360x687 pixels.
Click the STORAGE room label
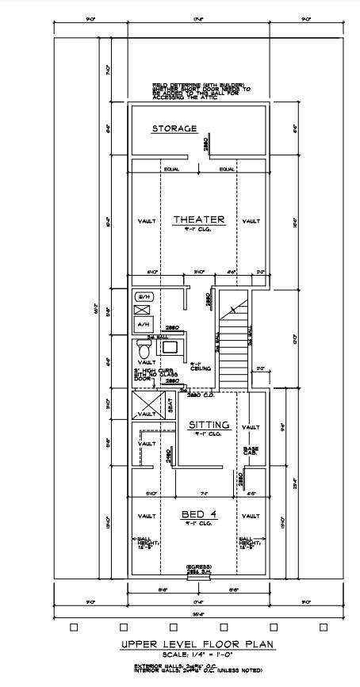pyautogui.click(x=174, y=128)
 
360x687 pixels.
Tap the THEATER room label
pyautogui.click(x=199, y=219)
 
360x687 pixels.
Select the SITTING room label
pyautogui.click(x=209, y=425)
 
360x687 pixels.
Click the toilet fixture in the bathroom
pyautogui.click(x=144, y=349)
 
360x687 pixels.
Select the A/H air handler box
pyautogui.click(x=144, y=324)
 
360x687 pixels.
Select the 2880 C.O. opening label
pyautogui.click(x=199, y=394)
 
